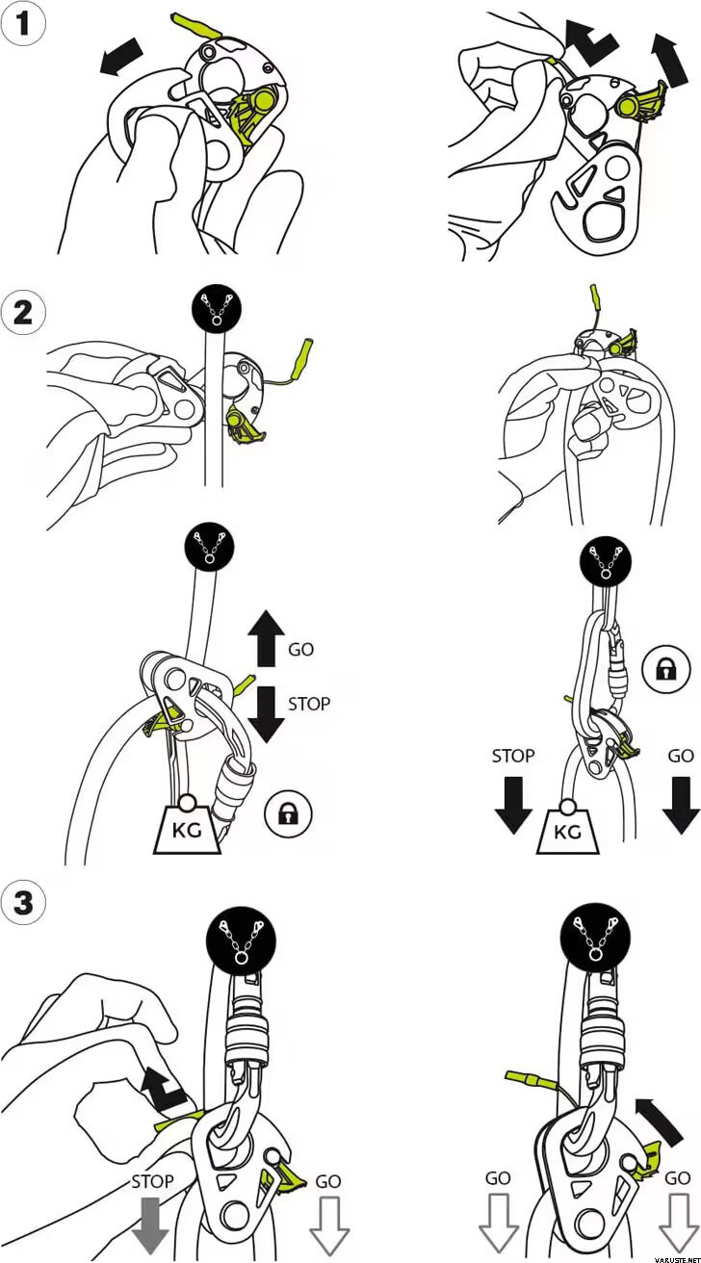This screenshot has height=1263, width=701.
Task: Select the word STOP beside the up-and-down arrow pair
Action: (x=309, y=704)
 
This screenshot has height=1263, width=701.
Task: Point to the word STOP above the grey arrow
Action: (x=152, y=1180)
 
